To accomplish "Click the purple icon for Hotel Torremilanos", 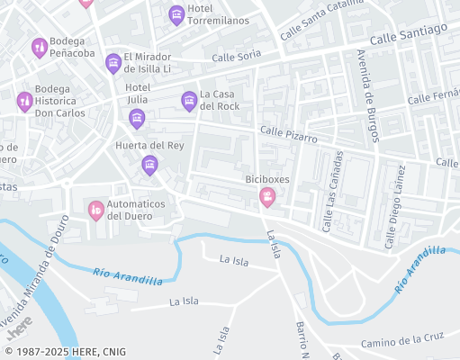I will point(176,14).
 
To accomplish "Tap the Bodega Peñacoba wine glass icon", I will point(39,48).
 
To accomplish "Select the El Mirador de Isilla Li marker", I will point(113,62).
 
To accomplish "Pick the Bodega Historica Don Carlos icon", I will point(24,102).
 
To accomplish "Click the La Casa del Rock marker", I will point(188,100).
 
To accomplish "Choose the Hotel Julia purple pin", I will point(136,118).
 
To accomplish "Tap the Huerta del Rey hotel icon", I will point(149,164).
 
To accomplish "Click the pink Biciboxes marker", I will point(267,196).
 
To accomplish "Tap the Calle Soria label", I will point(236,56).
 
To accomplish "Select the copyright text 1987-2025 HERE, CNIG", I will point(65,352).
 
